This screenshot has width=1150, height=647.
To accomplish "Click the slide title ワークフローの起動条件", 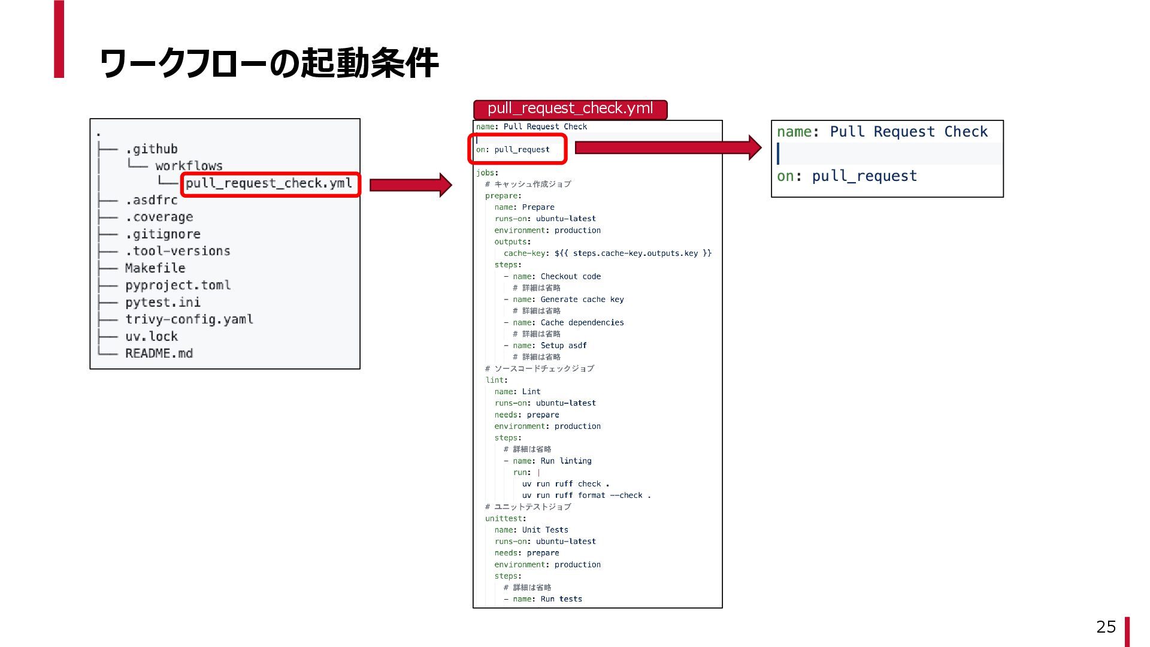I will [269, 64].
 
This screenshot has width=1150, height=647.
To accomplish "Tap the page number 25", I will [1106, 627].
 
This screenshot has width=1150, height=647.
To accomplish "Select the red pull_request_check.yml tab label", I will [570, 109].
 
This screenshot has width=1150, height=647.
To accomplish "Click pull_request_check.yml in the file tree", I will [269, 183].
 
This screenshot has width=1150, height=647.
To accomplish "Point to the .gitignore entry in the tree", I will [163, 234].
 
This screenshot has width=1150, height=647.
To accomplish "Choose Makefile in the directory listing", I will [155, 268].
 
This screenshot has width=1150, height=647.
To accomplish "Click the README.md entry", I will [159, 353].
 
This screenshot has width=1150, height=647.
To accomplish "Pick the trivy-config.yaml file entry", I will [189, 319].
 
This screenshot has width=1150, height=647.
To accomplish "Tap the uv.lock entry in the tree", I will [152, 337].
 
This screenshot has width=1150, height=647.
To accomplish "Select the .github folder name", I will [152, 149].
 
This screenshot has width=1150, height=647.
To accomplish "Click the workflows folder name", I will [189, 166].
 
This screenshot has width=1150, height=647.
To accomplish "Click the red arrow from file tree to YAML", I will [410, 185].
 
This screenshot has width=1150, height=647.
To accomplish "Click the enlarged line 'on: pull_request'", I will [846, 176].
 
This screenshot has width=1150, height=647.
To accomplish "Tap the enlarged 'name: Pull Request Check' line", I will [882, 132].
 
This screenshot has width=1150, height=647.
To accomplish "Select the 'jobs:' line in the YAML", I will [487, 173].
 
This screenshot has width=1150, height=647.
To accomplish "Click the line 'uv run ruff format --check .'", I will [586, 495].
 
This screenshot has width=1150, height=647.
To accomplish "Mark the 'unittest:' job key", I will [506, 519].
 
